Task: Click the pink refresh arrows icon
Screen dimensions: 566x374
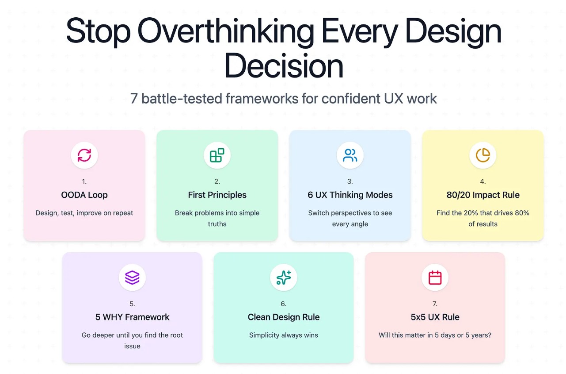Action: (x=84, y=155)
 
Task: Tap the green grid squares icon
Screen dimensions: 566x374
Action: (x=217, y=155)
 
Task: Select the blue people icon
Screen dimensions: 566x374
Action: (x=350, y=155)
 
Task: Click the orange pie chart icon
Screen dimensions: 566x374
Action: (x=483, y=155)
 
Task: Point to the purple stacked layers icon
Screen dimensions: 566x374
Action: (x=132, y=278)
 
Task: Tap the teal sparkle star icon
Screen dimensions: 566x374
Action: (x=284, y=278)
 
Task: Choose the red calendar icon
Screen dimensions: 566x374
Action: (x=435, y=278)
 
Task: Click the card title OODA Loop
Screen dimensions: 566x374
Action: (x=84, y=195)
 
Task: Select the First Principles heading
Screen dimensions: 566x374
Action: (x=217, y=195)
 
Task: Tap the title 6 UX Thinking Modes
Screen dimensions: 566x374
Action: (x=350, y=195)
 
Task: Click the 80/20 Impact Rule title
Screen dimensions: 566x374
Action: (x=483, y=195)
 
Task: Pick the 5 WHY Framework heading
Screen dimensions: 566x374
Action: (x=132, y=317)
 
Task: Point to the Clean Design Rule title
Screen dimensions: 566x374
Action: (x=284, y=317)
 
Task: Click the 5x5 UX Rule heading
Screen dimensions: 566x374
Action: (x=435, y=317)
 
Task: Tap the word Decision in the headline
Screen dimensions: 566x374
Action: (x=284, y=66)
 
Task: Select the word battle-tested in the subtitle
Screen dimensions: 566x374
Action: (x=182, y=98)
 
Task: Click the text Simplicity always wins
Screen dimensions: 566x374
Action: (x=284, y=335)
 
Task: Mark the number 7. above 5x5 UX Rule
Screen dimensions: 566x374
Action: (x=435, y=304)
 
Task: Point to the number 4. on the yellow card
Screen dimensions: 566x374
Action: (x=483, y=181)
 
